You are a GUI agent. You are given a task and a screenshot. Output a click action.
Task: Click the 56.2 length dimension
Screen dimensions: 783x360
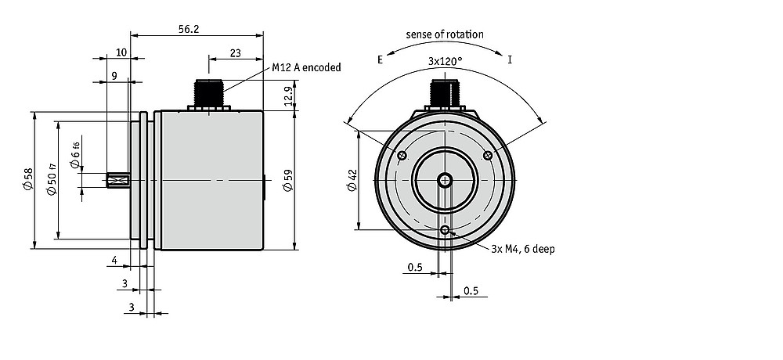pos(189,30)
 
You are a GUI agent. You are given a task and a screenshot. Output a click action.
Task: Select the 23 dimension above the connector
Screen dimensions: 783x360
pos(236,52)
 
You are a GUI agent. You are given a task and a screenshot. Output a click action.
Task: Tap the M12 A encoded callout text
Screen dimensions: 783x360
pos(307,67)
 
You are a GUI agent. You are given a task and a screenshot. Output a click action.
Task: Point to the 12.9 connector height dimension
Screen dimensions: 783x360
pos(288,96)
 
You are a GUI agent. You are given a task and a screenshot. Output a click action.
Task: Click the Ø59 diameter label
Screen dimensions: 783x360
pos(288,180)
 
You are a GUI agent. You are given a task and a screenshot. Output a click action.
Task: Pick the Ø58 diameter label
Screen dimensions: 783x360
pos(27,178)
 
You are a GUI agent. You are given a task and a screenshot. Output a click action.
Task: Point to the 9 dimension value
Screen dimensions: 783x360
pos(114,75)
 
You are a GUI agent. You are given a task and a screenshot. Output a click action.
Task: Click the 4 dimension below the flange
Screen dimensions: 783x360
pos(114,260)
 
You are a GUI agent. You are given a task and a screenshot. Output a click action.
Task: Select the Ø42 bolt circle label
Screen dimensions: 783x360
pos(352,180)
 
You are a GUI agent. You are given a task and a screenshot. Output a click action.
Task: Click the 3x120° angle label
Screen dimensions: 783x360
pos(446,61)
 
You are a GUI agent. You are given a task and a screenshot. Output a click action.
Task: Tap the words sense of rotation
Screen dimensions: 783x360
pos(445,34)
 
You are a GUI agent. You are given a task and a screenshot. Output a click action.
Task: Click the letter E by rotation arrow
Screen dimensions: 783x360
pos(380,60)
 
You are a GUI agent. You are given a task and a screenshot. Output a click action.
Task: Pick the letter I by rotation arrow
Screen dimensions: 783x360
pos(510,60)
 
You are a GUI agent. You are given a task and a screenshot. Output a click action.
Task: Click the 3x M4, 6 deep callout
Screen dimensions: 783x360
pos(523,249)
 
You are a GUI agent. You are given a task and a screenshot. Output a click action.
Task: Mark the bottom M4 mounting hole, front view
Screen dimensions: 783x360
pos(445,229)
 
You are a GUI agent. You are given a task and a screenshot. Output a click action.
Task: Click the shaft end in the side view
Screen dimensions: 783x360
pos(118,180)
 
